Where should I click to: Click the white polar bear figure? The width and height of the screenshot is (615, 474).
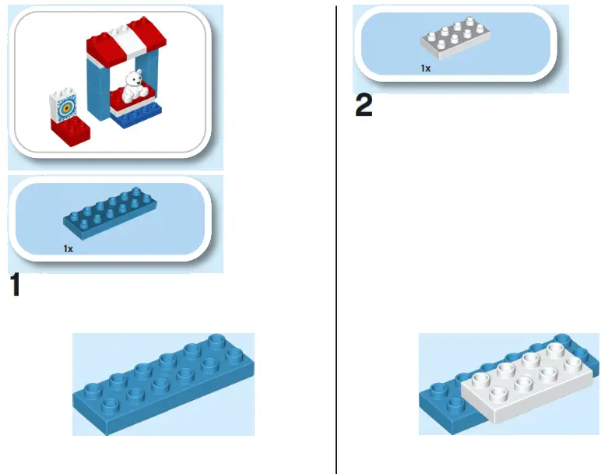[x=133, y=86]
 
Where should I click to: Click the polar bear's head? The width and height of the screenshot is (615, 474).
[x=133, y=78]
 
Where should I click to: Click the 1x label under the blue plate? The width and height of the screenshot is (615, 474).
[x=69, y=248]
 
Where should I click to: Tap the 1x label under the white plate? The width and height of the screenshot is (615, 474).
[x=426, y=68]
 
